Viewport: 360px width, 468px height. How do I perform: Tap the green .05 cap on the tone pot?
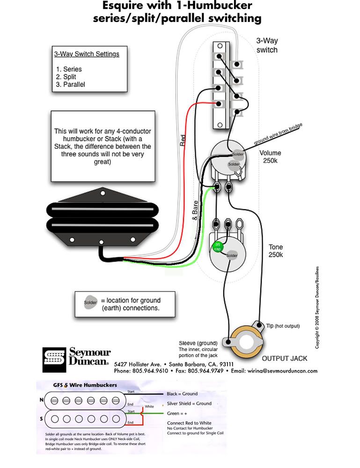218,246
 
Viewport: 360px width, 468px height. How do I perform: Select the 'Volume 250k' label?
270,157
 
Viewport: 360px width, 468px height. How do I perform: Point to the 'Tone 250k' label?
275,251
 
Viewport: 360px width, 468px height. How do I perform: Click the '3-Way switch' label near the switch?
267,45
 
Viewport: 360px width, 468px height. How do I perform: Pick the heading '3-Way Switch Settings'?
87,54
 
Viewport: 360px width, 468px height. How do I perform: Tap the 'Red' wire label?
183,141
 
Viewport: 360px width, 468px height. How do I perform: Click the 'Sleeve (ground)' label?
196,343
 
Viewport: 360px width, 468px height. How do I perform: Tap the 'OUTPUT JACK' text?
284,358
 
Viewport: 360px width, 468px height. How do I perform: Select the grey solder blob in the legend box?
90,303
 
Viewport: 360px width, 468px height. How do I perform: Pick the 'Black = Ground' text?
182,394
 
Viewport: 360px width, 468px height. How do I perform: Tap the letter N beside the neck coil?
41,401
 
